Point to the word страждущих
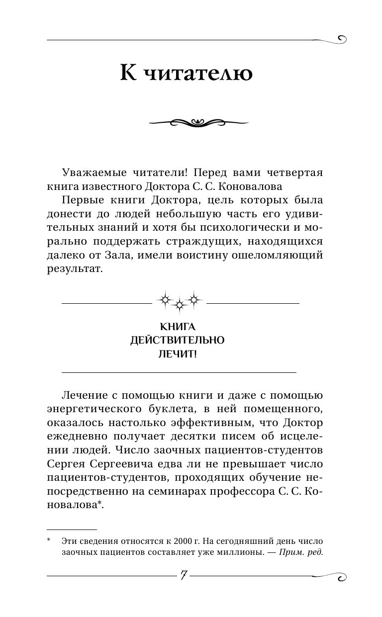click(x=219, y=242)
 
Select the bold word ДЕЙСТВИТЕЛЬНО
click(x=178, y=341)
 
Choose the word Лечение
click(x=87, y=395)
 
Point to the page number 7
click(x=184, y=575)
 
